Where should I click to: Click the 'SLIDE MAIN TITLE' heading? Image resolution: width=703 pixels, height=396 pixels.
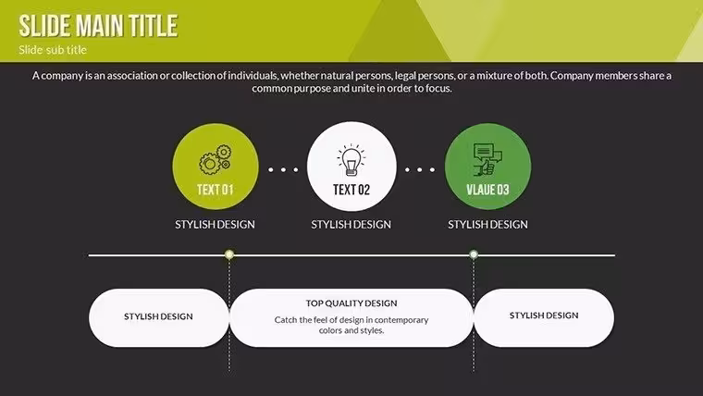(98, 25)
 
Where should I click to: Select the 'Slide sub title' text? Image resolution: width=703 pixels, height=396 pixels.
(53, 50)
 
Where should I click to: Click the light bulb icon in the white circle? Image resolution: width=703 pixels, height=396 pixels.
(351, 160)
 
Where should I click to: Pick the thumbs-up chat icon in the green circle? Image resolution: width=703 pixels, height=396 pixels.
(487, 160)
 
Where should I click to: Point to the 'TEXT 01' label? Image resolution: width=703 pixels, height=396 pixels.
(216, 190)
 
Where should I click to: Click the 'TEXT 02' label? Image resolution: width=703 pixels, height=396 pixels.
(351, 190)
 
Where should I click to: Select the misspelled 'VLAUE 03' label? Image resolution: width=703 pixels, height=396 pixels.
(487, 190)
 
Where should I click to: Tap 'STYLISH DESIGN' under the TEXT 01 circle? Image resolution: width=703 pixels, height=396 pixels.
(215, 224)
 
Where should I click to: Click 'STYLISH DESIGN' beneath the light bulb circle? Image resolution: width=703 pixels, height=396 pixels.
(351, 224)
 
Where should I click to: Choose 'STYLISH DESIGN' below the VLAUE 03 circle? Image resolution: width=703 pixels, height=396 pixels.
(487, 224)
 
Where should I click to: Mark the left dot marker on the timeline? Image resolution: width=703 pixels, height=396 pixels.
(229, 254)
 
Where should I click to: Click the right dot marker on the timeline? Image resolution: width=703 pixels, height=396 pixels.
(474, 254)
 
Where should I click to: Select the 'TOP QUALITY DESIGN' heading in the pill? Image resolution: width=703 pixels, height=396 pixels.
(351, 303)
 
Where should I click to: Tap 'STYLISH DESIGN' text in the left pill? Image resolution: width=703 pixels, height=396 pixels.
(158, 316)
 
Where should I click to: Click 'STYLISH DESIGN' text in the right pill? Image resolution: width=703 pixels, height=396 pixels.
(544, 316)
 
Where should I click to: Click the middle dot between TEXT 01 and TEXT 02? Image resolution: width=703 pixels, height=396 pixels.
(283, 169)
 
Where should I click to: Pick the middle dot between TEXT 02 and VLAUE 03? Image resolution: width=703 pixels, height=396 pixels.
(420, 169)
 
